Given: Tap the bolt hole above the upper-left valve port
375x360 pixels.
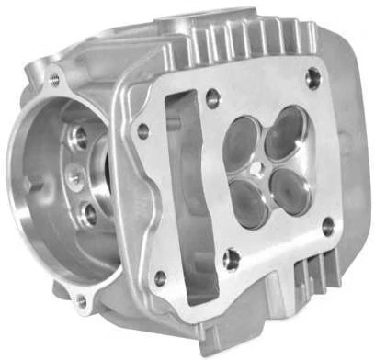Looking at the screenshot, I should pyautogui.click(x=213, y=95).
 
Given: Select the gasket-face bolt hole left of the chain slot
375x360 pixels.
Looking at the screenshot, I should pyautogui.click(x=143, y=131).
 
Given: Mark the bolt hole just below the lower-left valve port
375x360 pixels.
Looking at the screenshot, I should pyautogui.click(x=232, y=259).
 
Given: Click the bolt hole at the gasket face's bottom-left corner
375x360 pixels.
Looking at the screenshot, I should pyautogui.click(x=161, y=277).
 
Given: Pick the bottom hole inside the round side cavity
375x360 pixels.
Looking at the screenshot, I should pyautogui.click(x=88, y=214).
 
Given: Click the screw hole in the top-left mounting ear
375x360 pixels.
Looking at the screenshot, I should pyautogui.click(x=54, y=80).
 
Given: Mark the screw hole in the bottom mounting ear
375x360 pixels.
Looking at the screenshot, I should pyautogui.click(x=82, y=299).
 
